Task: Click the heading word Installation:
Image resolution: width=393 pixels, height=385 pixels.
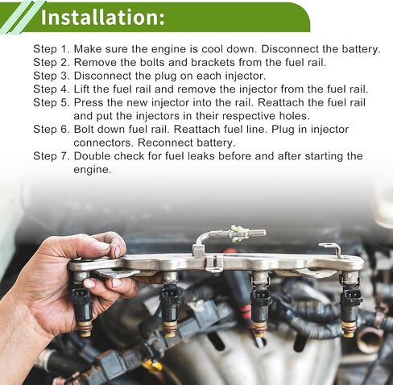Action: [x=102, y=17]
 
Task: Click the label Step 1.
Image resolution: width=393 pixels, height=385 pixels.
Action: [x=52, y=49]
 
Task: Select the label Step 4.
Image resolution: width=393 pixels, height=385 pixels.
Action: [x=52, y=89]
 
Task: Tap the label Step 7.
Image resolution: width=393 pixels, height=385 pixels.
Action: [x=52, y=156]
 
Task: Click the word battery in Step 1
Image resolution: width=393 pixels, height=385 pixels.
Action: [x=361, y=49]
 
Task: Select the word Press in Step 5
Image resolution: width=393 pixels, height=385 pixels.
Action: [x=89, y=102]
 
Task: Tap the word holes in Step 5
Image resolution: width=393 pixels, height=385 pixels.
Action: [x=294, y=116]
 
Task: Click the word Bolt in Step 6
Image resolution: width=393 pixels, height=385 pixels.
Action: [x=84, y=130]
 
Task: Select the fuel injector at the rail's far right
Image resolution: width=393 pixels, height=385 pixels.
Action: [x=350, y=304]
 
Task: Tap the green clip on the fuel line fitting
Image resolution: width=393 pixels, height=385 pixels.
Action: [x=239, y=233]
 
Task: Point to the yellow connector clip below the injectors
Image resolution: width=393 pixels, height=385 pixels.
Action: [x=152, y=366]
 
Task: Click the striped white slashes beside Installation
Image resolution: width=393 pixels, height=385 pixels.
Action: [x=19, y=17]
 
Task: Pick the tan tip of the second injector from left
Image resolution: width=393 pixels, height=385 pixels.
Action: [x=170, y=329]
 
